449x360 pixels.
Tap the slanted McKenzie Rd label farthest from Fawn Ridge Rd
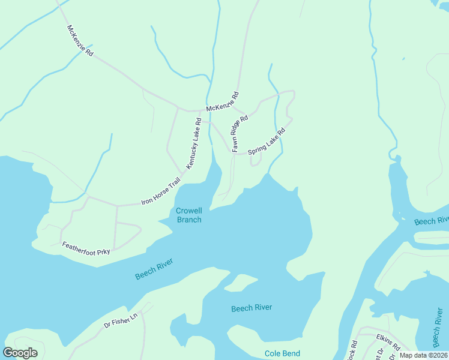[x=80, y=41]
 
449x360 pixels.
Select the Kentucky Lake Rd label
[x=193, y=143]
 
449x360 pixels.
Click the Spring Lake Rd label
[x=265, y=142]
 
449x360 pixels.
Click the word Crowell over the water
[x=188, y=211]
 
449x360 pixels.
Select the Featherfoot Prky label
[x=86, y=248]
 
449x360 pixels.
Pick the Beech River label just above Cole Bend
[x=252, y=308]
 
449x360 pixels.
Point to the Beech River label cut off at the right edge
[x=431, y=221]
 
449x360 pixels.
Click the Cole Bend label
[x=282, y=353]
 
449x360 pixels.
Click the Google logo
[x=21, y=353]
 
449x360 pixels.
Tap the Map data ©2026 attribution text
[x=423, y=355]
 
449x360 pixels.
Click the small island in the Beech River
[x=241, y=282]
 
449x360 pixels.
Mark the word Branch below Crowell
[x=188, y=220]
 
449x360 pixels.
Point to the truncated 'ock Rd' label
[x=354, y=350]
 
